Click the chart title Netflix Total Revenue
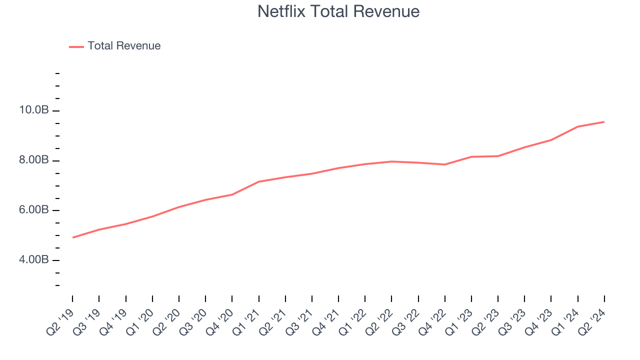[x=338, y=11]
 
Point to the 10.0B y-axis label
[x=34, y=110]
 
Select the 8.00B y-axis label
[x=34, y=160]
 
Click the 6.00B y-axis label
[x=34, y=210]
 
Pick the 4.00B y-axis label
[x=34, y=260]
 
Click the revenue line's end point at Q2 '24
[x=604, y=122]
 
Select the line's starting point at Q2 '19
[x=73, y=237]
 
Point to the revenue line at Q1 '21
[x=259, y=181]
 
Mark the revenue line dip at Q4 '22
[x=444, y=164]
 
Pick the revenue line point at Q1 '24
[x=577, y=126]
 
